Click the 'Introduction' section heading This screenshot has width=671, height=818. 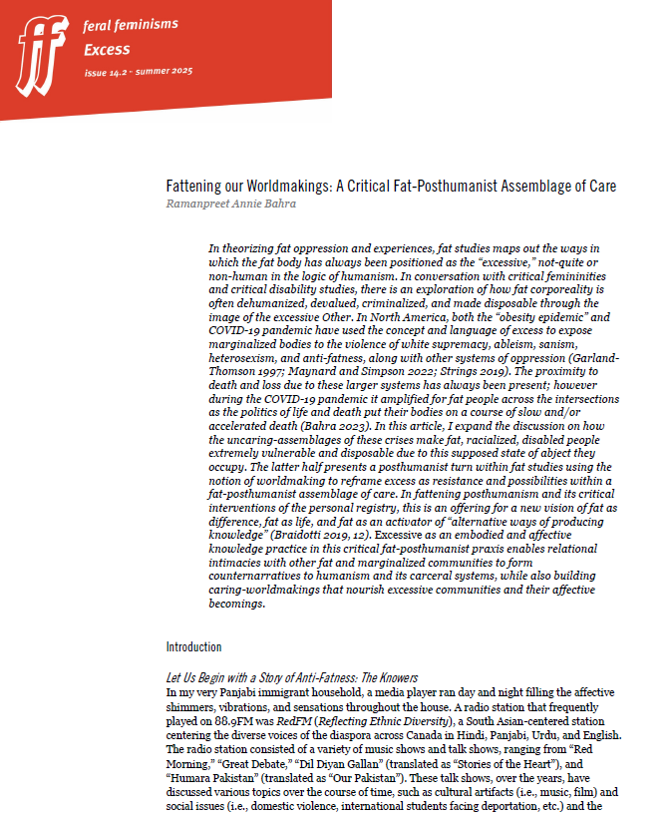pyautogui.click(x=193, y=646)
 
